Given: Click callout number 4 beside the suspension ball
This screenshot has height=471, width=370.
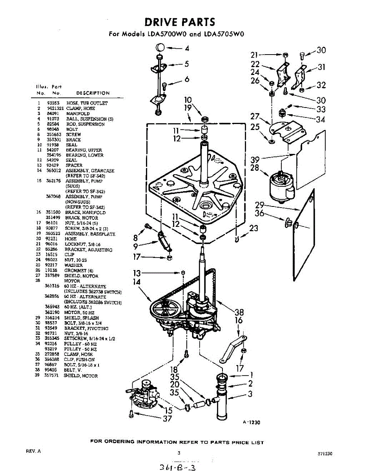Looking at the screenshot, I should point(187,49).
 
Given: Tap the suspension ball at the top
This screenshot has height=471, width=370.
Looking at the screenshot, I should point(159,48).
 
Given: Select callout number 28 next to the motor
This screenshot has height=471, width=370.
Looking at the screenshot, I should point(255,168).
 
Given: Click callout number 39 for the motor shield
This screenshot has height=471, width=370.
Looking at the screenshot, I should point(255,159).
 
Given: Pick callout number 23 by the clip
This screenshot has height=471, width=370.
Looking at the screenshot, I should point(254,228).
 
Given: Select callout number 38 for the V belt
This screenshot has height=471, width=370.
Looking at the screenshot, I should point(239,312).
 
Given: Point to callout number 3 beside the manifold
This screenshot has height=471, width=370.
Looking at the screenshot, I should point(250,394).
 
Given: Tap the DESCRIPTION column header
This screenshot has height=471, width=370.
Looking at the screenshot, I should point(93,93).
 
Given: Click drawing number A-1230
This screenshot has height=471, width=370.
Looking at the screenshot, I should point(251,422).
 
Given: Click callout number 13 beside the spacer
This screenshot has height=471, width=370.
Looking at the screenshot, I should point(137,273).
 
